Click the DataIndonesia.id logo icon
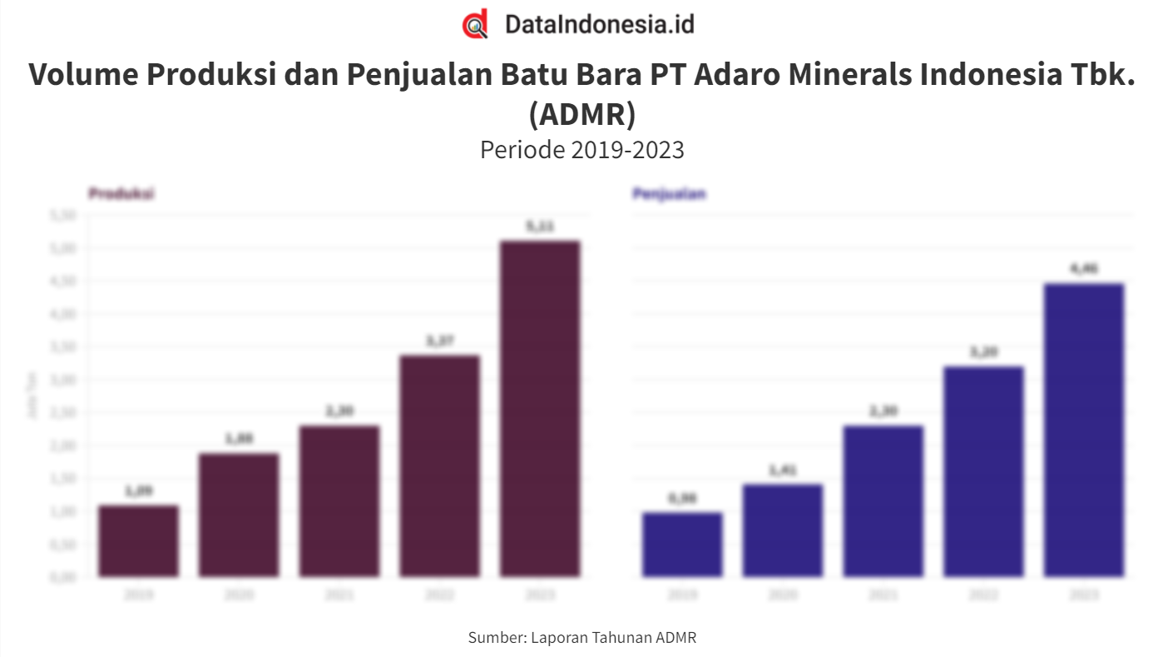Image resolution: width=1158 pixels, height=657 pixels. [475, 24]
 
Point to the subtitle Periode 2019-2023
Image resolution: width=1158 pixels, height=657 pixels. [581, 150]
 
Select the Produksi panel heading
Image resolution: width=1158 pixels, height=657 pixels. [121, 194]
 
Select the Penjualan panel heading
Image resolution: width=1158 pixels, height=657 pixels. [669, 194]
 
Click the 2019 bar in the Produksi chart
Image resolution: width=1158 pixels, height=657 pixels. [138, 541]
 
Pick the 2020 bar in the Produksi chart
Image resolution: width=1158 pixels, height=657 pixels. [239, 515]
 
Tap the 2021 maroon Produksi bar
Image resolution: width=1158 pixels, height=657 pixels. [339, 501]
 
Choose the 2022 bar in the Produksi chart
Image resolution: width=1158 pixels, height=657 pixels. [439, 466]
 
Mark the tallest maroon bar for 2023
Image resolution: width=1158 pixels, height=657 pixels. [540, 409]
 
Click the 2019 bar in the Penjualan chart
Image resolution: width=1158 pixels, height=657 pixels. [682, 545]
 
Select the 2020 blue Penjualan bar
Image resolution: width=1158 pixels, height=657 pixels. [783, 530]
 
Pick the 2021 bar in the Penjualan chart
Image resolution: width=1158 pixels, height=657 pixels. [883, 501]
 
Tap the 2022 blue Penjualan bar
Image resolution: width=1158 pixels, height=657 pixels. [983, 471]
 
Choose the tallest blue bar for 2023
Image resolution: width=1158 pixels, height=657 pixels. [1084, 431]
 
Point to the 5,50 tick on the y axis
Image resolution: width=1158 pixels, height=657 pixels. [63, 216]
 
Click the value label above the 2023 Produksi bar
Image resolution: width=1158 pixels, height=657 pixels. [540, 226]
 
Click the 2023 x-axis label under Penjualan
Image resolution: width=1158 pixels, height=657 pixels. [1084, 595]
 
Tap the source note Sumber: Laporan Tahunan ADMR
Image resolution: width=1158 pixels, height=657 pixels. [581, 638]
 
